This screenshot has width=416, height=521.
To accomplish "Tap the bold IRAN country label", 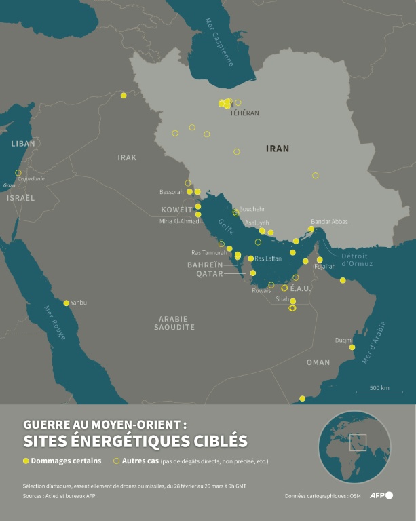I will tap(278, 148).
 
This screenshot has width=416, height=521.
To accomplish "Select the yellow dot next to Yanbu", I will tap(67, 303).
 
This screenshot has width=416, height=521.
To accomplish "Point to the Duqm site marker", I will tap(352, 347).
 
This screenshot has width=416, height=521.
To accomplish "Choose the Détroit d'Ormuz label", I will tap(354, 259).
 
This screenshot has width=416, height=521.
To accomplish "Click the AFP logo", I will tap(381, 495).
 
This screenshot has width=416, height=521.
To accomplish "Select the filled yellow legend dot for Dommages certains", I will tap(26, 461).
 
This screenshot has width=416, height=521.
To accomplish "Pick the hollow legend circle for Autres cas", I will tap(116, 461).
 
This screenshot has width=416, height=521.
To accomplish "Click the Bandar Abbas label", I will tap(329, 222).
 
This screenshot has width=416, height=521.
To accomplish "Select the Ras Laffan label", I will tap(268, 258).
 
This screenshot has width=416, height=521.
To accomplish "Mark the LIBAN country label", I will tap(23, 144).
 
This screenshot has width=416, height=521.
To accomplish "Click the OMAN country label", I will tap(318, 362).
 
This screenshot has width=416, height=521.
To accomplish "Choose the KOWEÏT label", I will tap(176, 210).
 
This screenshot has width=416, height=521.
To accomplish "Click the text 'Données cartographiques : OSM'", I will tap(323, 497).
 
